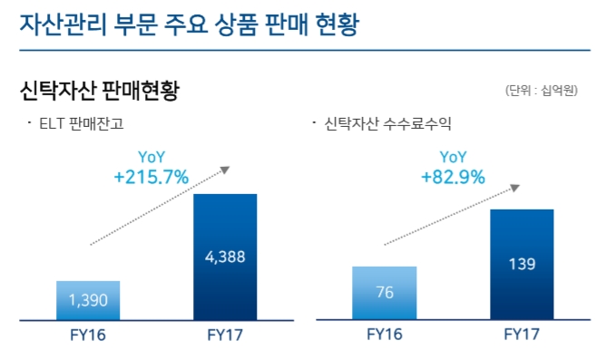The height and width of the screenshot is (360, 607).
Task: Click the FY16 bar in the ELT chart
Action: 88,300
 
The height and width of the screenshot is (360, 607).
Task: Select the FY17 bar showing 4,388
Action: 225,257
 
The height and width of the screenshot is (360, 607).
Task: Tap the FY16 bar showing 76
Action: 385,293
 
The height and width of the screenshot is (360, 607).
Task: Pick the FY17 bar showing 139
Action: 522,264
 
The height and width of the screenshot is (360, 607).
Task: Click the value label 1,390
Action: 88,298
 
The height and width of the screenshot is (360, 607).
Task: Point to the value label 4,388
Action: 225,257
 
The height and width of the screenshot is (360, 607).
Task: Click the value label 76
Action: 385,292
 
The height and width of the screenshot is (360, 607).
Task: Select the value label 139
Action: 522,264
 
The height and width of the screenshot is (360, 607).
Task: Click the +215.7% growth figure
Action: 152,178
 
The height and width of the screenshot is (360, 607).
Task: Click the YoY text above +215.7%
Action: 152,157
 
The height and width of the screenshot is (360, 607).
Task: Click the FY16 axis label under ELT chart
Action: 88,335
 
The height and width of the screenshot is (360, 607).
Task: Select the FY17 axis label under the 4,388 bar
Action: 225,335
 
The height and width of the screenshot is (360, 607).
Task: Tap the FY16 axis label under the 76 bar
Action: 385,335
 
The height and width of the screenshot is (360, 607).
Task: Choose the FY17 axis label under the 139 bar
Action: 522,335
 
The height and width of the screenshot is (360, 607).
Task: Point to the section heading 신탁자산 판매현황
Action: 100,90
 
